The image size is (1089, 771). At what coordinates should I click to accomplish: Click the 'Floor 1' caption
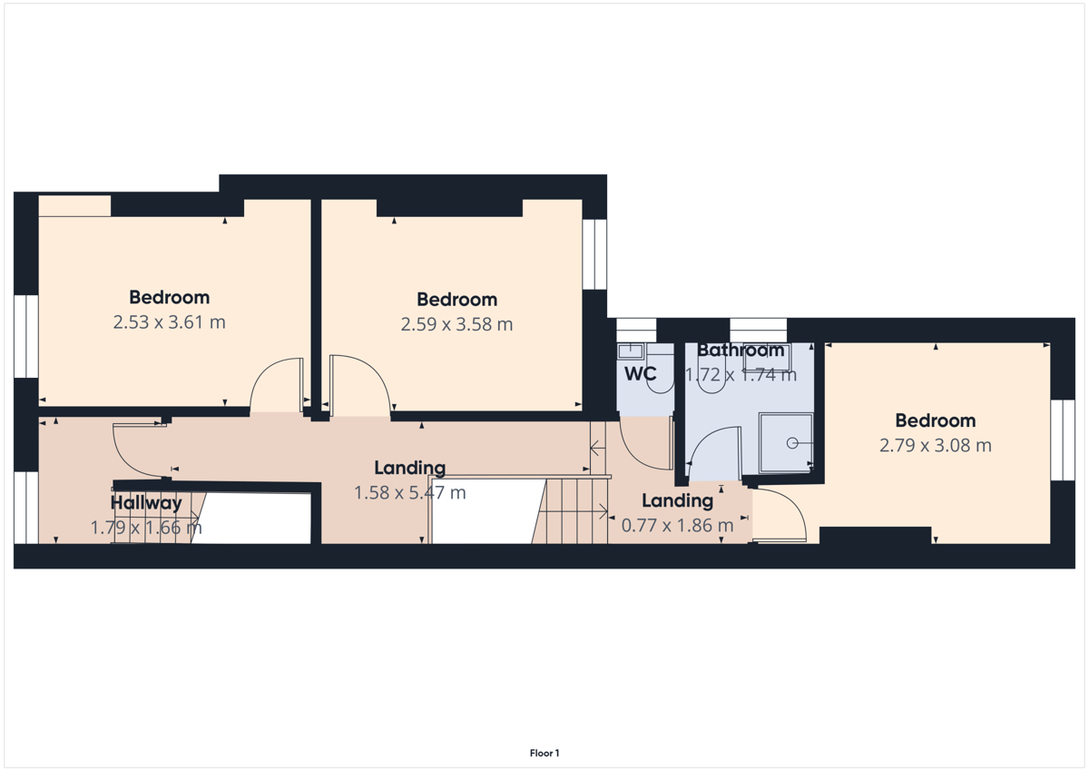click(x=544, y=753)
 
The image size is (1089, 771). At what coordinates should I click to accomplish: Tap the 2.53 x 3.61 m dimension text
click(x=169, y=322)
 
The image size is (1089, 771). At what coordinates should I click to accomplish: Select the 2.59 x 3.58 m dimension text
click(x=457, y=324)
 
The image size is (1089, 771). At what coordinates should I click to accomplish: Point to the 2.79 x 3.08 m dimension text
click(x=936, y=445)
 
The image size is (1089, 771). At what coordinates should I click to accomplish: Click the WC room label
click(x=641, y=373)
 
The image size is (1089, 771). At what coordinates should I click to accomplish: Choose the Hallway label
click(x=146, y=503)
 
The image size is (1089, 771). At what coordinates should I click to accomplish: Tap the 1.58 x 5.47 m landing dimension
click(x=410, y=492)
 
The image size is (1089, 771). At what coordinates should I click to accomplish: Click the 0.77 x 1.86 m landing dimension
click(x=677, y=525)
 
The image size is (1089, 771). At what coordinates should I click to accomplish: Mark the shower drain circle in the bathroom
click(x=792, y=443)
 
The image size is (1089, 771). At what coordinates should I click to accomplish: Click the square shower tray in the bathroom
click(x=786, y=443)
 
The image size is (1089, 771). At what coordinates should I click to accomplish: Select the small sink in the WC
click(x=631, y=351)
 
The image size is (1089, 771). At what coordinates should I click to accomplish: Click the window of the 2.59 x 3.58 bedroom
click(x=594, y=254)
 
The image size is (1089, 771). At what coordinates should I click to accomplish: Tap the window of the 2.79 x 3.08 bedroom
click(x=1063, y=440)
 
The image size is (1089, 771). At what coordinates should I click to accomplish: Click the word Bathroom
click(x=741, y=351)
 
